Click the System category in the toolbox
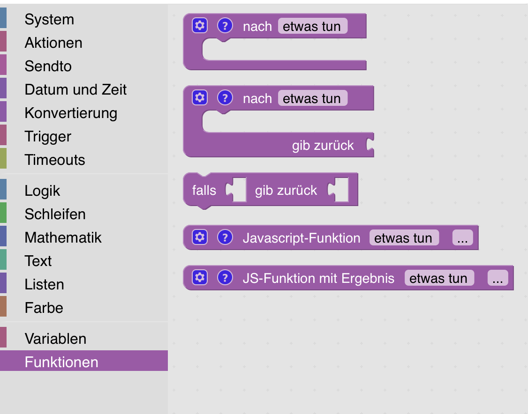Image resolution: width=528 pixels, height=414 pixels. click(49, 19)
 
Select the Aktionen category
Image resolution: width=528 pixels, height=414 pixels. click(53, 43)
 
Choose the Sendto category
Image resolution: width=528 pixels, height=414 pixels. click(48, 66)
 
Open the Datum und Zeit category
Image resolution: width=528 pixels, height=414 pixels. click(75, 89)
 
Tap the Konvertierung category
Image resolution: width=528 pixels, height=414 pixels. click(71, 113)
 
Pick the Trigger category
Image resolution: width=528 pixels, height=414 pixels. click(48, 137)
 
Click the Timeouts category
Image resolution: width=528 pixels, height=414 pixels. click(55, 160)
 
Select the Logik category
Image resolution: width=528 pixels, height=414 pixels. click(42, 191)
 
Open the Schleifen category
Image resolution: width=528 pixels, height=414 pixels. click(55, 214)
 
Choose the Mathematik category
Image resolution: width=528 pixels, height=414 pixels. click(63, 237)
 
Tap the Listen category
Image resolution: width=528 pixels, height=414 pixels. click(45, 285)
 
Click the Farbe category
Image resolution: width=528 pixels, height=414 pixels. click(44, 308)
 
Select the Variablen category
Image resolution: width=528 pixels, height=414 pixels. click(55, 339)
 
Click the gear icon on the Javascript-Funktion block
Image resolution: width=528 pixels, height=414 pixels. click(200, 237)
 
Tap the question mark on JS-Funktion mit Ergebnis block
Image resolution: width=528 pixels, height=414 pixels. click(225, 277)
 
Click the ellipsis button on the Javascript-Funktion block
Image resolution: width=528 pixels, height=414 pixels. click(463, 238)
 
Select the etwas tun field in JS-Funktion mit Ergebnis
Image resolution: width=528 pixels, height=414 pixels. click(439, 278)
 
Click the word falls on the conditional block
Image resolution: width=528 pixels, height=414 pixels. click(204, 190)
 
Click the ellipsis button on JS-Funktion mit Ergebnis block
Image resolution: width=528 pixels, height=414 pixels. click(498, 278)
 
